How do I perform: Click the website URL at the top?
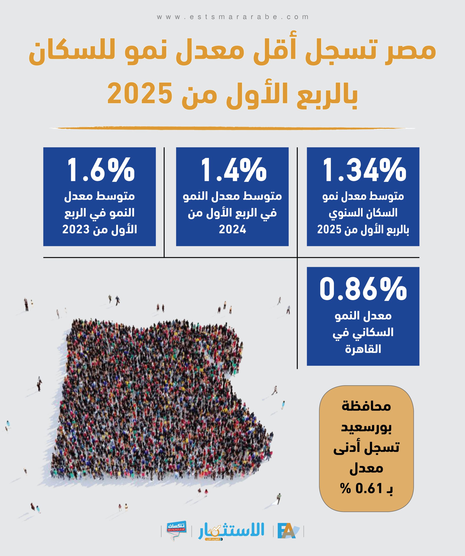click(233, 17)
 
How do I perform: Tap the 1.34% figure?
click(364, 170)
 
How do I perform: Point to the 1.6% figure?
click(101, 170)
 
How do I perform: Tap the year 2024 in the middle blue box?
click(232, 229)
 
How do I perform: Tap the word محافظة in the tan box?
click(366, 406)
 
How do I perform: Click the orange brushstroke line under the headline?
click(232, 128)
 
